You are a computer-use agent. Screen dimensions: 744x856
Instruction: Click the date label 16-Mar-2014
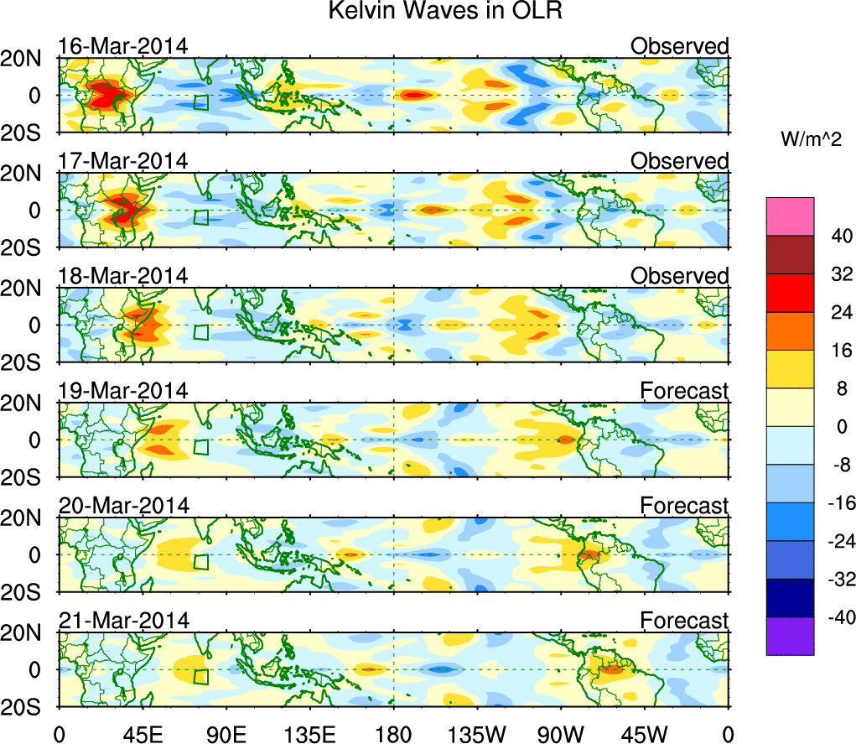122,46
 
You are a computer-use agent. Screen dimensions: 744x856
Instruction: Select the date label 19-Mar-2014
122,390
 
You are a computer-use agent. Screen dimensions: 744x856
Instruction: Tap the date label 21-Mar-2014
122,620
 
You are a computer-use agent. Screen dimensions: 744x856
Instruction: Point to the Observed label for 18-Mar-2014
679,276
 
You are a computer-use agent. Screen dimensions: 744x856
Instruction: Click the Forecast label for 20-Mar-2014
684,506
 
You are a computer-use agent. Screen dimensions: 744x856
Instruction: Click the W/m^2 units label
810,140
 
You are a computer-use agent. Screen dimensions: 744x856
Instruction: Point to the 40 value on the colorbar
819,237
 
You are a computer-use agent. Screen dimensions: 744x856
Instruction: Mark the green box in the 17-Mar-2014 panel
200,217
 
